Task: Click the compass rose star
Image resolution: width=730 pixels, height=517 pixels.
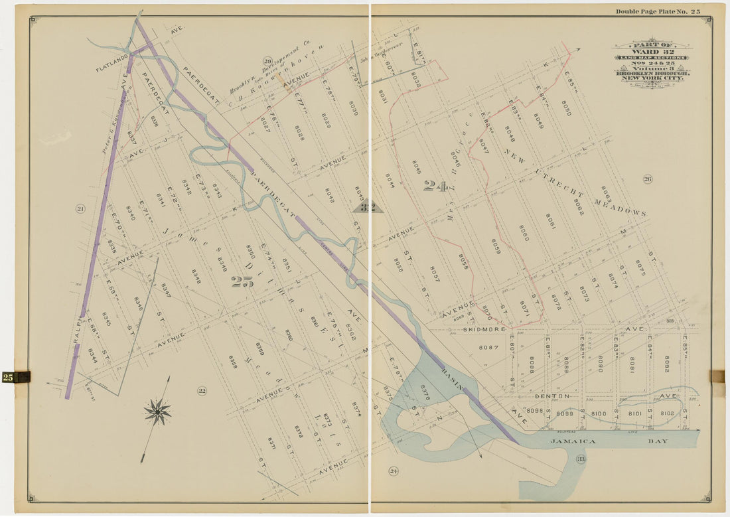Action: [x=157, y=412]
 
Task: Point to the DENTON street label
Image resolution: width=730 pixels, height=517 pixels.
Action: [x=551, y=396]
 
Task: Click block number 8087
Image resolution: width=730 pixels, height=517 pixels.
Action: [x=488, y=347]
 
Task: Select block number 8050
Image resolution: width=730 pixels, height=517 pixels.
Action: [x=565, y=108]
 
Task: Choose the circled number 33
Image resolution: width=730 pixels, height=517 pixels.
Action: [x=580, y=459]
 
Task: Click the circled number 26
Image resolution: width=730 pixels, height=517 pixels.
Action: [x=647, y=179]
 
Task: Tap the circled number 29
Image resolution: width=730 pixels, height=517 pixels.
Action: [x=267, y=60]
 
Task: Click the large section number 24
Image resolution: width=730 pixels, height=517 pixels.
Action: [x=435, y=186]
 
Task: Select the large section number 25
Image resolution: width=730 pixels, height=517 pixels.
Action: [x=242, y=281]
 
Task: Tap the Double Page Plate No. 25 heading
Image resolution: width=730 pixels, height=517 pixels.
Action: [x=657, y=11]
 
